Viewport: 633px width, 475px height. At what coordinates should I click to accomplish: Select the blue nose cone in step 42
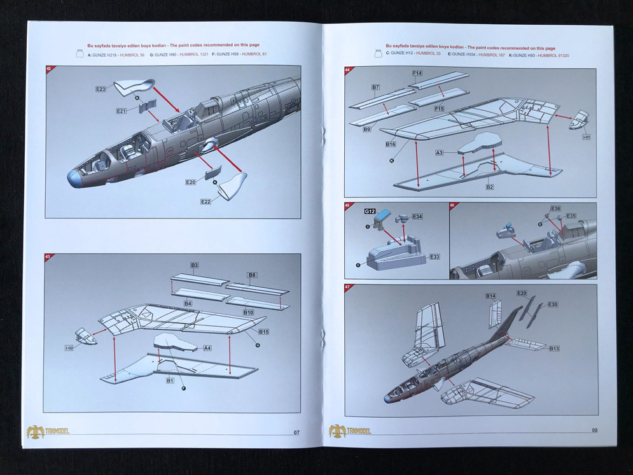(75, 178)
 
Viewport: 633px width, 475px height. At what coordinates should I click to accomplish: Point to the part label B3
(194, 265)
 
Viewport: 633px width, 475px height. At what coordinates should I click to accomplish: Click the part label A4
(207, 348)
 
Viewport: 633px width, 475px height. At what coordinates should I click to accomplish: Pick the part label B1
(170, 381)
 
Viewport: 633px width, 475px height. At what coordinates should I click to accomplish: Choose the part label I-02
(69, 348)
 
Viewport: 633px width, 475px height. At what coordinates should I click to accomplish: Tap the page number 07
(296, 433)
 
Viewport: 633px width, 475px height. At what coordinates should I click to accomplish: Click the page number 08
(594, 430)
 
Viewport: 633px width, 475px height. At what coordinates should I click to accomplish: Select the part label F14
(417, 74)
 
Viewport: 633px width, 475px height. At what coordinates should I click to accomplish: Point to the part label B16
(391, 145)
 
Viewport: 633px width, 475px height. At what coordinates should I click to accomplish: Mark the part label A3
(440, 153)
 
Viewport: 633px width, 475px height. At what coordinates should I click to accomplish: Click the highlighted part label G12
(370, 211)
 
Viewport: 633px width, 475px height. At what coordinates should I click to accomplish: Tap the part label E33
(435, 257)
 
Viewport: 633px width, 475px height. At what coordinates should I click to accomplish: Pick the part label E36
(555, 208)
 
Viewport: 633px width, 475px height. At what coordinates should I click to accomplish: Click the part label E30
(552, 304)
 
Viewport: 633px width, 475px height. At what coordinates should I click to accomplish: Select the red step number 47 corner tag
(348, 288)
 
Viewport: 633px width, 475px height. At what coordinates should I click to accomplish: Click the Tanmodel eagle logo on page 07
(35, 432)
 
